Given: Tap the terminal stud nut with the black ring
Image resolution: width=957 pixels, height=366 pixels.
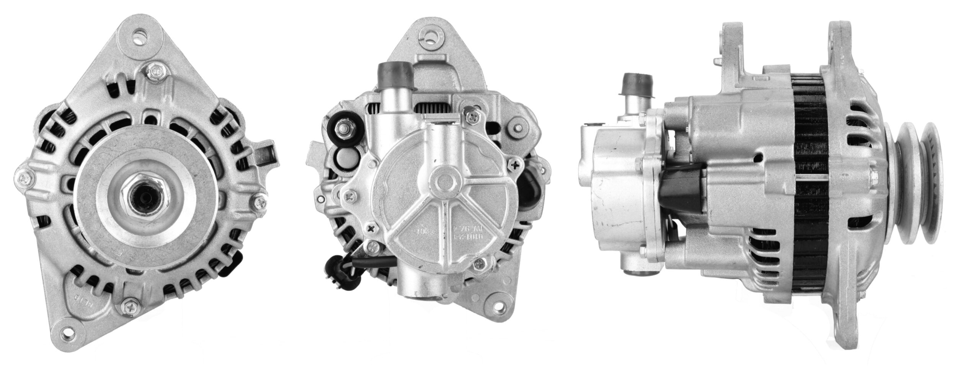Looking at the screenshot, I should coord(343,130).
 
